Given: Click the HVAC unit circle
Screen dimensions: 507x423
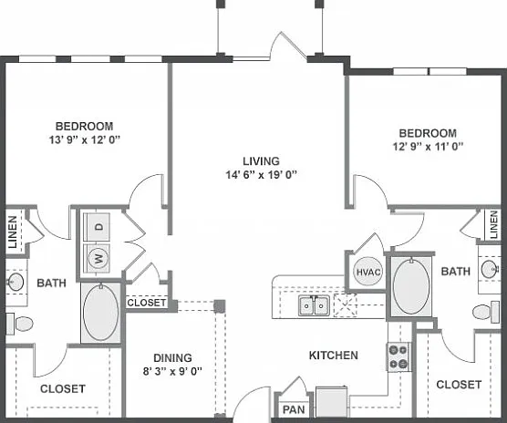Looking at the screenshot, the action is coord(368,272).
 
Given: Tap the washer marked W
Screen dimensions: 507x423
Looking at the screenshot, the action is coord(97,258).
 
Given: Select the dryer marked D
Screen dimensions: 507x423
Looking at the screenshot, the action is coord(97,227).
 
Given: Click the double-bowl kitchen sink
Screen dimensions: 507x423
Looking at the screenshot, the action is coord(314,304).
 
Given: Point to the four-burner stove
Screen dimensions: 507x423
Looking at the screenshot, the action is coord(398,356).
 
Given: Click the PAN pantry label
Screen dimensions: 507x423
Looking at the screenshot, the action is coord(294,409).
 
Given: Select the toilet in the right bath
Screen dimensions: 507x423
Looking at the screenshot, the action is coord(486,312).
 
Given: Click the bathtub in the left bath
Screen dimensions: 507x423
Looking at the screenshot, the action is coord(100,313).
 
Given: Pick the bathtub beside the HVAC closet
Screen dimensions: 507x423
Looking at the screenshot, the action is coord(411,286).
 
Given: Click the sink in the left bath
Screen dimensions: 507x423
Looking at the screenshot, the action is coord(15,282).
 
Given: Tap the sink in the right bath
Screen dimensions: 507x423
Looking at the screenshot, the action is coord(491,269).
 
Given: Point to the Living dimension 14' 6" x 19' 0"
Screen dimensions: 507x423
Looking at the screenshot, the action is coord(262,175).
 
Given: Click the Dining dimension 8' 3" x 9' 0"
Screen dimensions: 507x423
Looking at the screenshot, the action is coord(172,371).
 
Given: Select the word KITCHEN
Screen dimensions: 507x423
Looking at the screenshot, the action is coord(334,356).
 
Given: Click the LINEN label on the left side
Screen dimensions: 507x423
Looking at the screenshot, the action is coord(13,232).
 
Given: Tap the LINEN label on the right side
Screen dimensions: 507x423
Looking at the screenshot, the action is coord(493,224).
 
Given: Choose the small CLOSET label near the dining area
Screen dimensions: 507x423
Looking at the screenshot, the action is coord(147,303).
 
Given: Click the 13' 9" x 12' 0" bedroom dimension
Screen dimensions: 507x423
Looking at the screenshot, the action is coord(85,139).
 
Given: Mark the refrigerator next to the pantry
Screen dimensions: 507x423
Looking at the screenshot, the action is coord(332,402).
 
